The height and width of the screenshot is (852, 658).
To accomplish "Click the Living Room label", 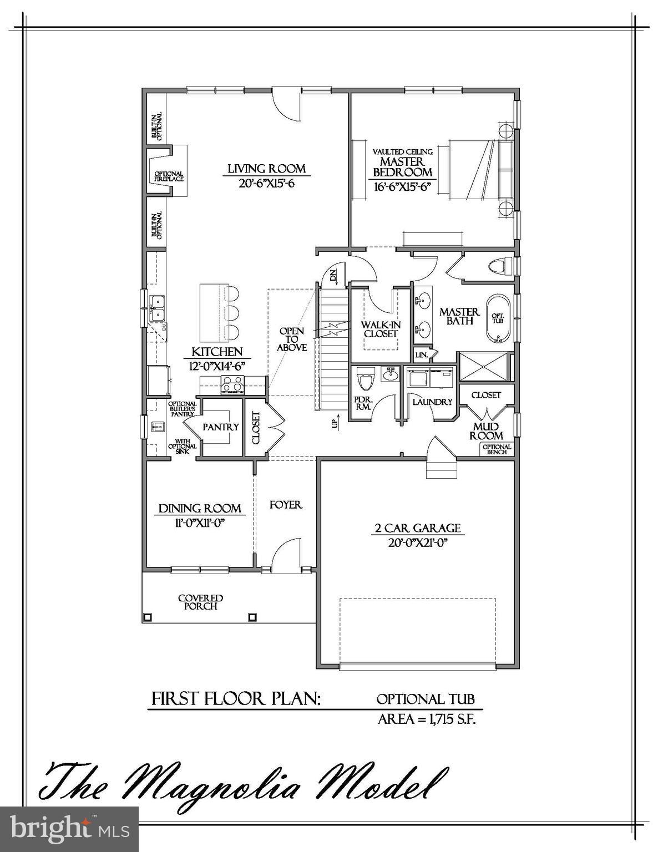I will pyautogui.click(x=266, y=169).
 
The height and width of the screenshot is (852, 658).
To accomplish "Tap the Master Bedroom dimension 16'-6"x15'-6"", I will pyautogui.click(x=403, y=187).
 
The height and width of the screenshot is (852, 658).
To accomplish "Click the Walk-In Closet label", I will pyautogui.click(x=381, y=329).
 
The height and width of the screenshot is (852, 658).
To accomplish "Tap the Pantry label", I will pyautogui.click(x=220, y=427).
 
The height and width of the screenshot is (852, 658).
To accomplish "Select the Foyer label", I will pyautogui.click(x=286, y=505).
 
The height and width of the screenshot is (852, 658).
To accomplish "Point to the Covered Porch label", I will pyautogui.click(x=200, y=602).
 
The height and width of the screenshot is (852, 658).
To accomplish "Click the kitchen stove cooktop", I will pyautogui.click(x=232, y=383).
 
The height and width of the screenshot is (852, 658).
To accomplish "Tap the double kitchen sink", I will pyautogui.click(x=158, y=307).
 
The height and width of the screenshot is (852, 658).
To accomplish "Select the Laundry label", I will pyautogui.click(x=432, y=402).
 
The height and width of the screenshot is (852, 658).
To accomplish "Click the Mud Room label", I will pyautogui.click(x=486, y=431).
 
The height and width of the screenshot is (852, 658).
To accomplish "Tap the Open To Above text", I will pyautogui.click(x=292, y=339).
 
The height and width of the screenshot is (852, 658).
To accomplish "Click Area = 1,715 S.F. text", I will pyautogui.click(x=427, y=719).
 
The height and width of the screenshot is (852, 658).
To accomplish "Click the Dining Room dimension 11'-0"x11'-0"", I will pyautogui.click(x=200, y=522).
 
